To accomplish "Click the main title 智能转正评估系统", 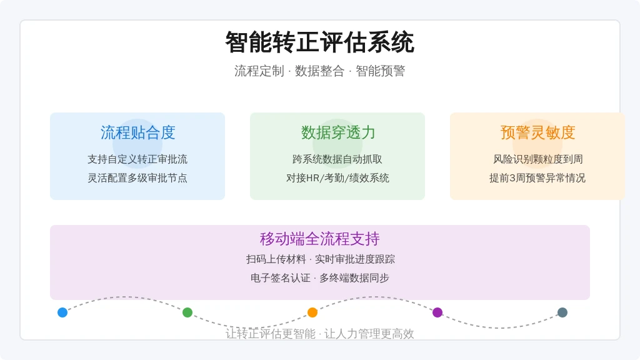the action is coord(319,42).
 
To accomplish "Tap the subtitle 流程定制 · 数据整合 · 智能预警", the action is coord(319,71).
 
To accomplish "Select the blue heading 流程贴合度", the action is coord(137,132).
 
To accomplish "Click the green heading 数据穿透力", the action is coord(337,132).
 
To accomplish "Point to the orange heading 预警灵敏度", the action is coord(537,132).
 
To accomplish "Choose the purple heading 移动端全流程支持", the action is coord(319,239).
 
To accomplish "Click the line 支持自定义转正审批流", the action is coord(137,159).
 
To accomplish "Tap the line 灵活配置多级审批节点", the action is coord(137,178).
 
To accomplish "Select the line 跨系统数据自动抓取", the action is coord(337,159).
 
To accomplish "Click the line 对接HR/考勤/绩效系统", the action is coord(337,178).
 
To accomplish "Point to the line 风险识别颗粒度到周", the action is coord(537,159).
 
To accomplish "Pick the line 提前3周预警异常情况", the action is coord(537,178).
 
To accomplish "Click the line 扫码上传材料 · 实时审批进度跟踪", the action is coord(321,259).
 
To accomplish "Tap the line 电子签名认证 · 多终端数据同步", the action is coord(319,278).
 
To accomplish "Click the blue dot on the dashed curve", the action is coord(62,312).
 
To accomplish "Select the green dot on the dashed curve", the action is coord(187,312).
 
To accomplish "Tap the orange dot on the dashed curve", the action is coord(312,312).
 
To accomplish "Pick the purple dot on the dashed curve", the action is coord(437,312).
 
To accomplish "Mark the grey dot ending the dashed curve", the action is coord(562,312).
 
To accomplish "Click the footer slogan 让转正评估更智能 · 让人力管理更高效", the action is coord(319,334).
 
